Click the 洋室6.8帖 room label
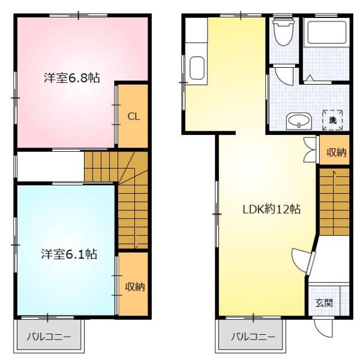click(71, 77)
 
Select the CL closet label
click(133, 116)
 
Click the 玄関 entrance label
click(324, 302)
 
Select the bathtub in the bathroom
click(326, 35)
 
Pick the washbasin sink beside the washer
click(298, 121)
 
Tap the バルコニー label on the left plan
click(49, 337)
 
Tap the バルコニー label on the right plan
click(254, 337)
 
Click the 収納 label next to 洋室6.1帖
click(134, 287)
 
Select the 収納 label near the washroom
click(336, 152)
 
